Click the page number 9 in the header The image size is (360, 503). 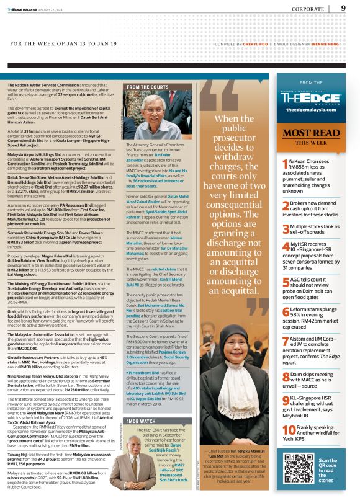(343, 8)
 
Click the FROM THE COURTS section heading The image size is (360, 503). (147, 87)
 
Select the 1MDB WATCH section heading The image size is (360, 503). (141, 421)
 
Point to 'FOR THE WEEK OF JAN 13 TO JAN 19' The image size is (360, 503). (63, 43)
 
